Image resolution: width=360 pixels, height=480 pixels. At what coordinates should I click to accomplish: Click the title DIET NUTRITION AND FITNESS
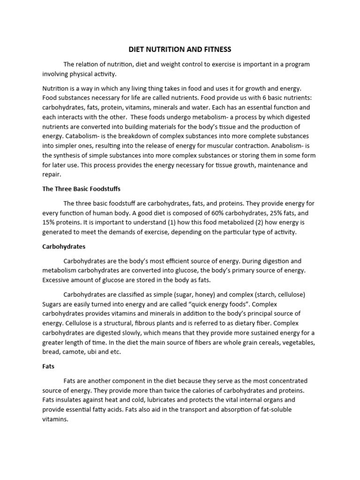tap(180, 49)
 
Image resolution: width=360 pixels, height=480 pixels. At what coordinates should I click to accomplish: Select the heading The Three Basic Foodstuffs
tap(82, 189)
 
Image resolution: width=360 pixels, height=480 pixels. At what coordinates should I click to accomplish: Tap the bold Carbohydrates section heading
tap(64, 246)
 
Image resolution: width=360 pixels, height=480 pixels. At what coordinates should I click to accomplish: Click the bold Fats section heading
tap(49, 367)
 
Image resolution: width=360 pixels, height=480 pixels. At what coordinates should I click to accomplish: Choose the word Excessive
tap(58, 279)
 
